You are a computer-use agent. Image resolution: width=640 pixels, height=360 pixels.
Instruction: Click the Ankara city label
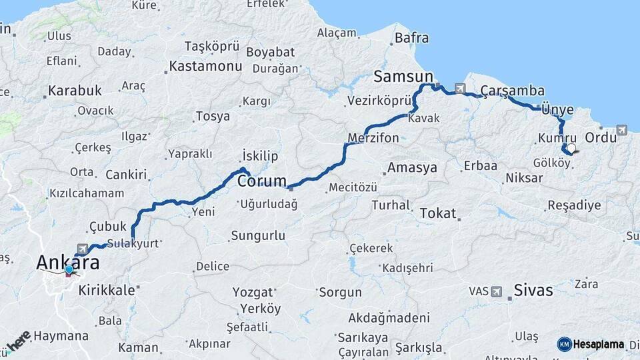(x=67, y=263)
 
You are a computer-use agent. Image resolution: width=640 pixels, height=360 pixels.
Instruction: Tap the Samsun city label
(x=403, y=77)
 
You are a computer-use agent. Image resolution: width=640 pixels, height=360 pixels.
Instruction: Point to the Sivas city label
(x=533, y=290)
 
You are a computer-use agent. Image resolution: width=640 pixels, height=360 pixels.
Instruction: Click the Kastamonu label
(x=205, y=67)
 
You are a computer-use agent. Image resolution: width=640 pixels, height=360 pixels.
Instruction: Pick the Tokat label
(x=437, y=213)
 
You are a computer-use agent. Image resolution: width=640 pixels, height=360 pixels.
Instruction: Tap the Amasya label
(x=412, y=167)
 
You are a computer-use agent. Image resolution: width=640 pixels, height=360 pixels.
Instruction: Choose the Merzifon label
(x=373, y=138)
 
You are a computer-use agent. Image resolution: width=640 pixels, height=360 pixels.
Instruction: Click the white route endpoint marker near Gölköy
(x=571, y=148)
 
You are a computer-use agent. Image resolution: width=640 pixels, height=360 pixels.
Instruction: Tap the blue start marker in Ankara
(x=69, y=270)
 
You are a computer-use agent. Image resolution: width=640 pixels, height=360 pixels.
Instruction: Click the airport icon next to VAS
(x=496, y=291)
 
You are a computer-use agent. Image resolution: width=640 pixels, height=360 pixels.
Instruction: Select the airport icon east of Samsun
(x=460, y=88)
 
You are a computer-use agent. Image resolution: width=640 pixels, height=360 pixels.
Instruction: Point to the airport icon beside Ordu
(x=621, y=130)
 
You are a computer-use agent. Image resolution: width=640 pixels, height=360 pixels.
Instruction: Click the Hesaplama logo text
(x=598, y=345)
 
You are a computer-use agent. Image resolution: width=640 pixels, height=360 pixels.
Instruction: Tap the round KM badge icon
(x=564, y=345)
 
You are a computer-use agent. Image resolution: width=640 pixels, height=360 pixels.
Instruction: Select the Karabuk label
(x=75, y=90)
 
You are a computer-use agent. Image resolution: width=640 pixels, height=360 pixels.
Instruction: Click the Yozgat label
(x=253, y=292)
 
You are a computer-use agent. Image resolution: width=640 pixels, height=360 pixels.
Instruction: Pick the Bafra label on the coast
(x=411, y=38)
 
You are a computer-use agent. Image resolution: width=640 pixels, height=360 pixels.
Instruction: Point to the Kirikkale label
(x=107, y=291)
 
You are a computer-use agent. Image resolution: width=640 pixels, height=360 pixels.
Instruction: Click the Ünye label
(x=557, y=109)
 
